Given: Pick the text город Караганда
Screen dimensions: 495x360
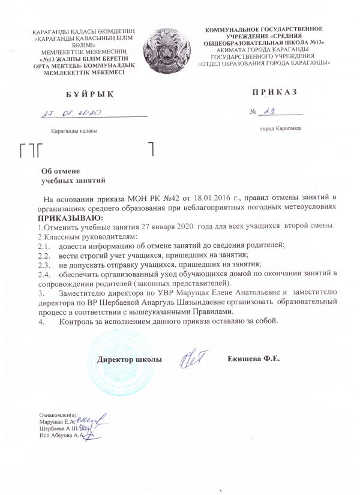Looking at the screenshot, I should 280,128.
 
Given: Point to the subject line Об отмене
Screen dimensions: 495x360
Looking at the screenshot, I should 64,170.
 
